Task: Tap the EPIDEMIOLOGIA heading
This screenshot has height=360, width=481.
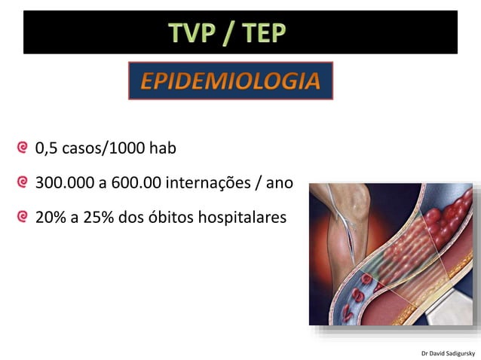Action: (x=231, y=81)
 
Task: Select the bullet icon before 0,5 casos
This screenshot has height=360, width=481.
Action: (x=25, y=148)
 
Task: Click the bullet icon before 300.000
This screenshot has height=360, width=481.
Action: (x=25, y=182)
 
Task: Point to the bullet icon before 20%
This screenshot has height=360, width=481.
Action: (x=25, y=218)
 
